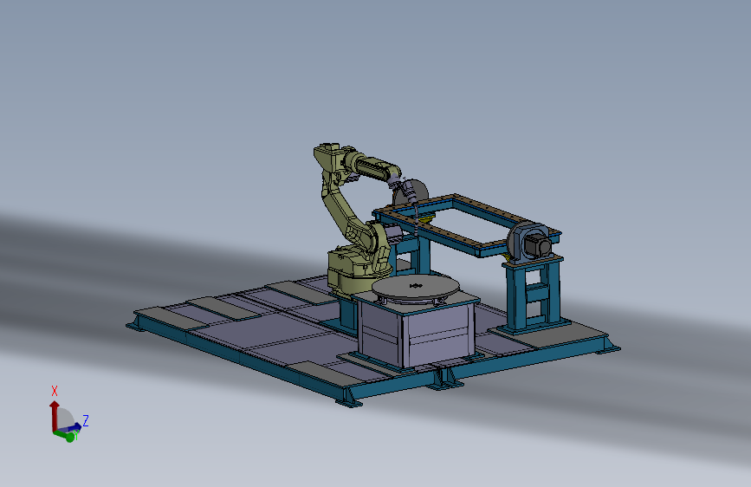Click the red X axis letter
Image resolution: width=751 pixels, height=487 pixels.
[x=55, y=391]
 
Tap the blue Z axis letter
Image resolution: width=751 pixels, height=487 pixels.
[x=86, y=421]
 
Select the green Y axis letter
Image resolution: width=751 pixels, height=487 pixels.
[x=75, y=435]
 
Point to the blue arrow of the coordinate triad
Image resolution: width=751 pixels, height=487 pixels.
[x=70, y=427]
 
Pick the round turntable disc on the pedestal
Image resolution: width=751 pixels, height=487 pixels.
[x=416, y=287]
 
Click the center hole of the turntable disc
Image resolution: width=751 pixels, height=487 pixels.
[x=416, y=286]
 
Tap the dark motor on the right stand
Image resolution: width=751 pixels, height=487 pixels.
[x=537, y=244]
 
